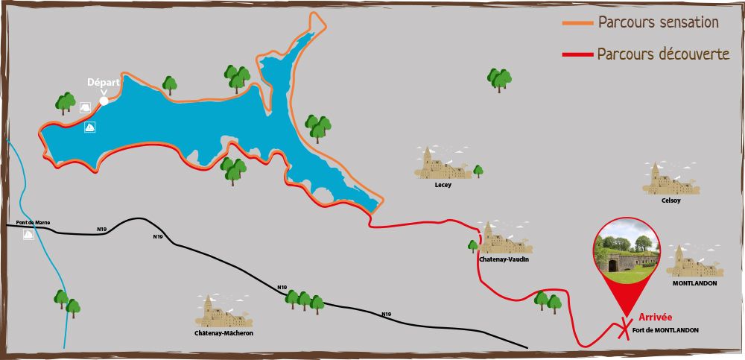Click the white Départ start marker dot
104,101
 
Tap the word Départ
104,82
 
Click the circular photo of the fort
627,250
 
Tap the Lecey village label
443,184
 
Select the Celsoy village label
670,200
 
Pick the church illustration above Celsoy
670,179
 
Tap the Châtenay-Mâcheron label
224,333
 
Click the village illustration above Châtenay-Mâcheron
223,312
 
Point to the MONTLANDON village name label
694,284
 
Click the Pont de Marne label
33,223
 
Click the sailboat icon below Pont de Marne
28,234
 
